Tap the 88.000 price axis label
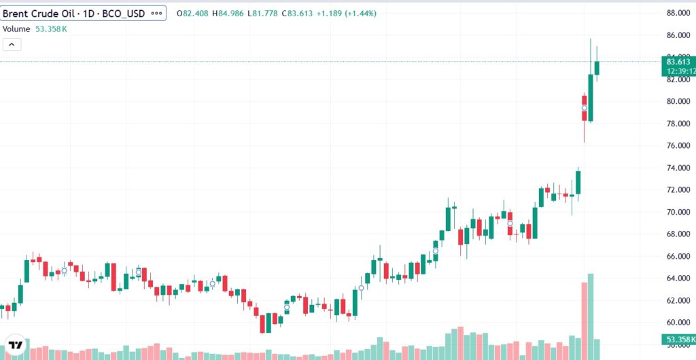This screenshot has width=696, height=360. pos(679,13)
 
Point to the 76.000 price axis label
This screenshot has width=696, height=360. pos(679,146)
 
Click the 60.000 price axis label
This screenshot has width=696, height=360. pos(679,323)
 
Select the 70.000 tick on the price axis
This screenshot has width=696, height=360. pos(679,212)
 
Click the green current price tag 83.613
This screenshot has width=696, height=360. pos(679,62)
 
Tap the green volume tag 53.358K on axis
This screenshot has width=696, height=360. pos(678,339)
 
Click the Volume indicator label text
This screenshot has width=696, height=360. pos(16,29)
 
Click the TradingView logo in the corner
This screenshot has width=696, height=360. pos(16,344)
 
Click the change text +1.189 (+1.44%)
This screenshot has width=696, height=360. pos(351,14)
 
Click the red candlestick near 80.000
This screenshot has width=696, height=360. pos(584,108)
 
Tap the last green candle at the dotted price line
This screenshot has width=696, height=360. pos(597,68)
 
